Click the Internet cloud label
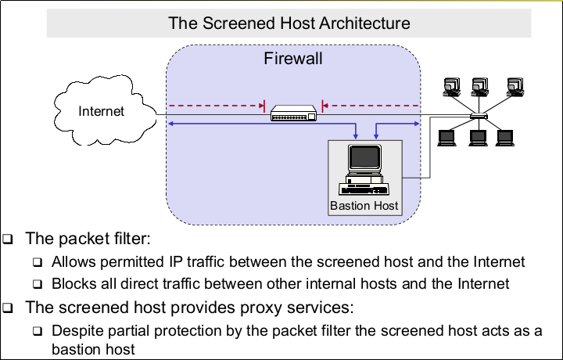pyautogui.click(x=101, y=111)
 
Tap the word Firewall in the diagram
pyautogui.click(x=293, y=59)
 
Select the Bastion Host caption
pyautogui.click(x=364, y=206)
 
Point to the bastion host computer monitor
pyautogui.click(x=364, y=159)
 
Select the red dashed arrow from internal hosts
pyautogui.click(x=371, y=103)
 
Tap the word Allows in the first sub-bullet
pyautogui.click(x=72, y=261)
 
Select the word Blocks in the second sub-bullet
pyautogui.click(x=72, y=283)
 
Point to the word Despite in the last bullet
pyautogui.click(x=77, y=330)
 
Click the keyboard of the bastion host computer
pyautogui.click(x=364, y=188)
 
